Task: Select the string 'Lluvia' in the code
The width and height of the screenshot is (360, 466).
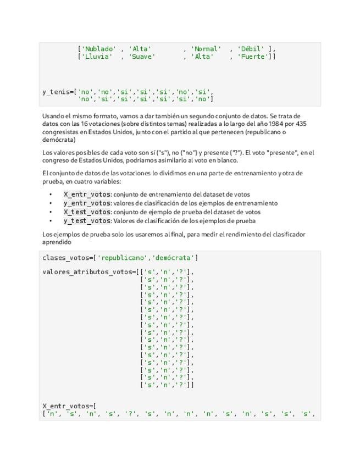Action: tap(97, 57)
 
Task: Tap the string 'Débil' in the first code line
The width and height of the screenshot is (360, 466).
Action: tap(251, 49)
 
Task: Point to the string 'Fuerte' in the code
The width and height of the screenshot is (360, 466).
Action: tap(254, 57)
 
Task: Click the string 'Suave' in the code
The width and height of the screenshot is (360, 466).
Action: tap(142, 57)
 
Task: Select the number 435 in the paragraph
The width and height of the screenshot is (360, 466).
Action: tap(301, 124)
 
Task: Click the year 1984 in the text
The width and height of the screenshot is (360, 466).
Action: tap(268, 124)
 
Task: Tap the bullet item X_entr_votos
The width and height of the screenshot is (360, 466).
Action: tap(87, 194)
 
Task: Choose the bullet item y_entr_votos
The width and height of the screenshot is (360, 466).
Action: tap(87, 203)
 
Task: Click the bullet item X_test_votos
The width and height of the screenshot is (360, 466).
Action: tap(87, 212)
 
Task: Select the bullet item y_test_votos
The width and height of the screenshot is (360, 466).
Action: tap(87, 221)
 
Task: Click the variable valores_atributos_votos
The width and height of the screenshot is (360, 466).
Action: tap(87, 272)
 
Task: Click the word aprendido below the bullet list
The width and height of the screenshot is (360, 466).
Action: tap(57, 242)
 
